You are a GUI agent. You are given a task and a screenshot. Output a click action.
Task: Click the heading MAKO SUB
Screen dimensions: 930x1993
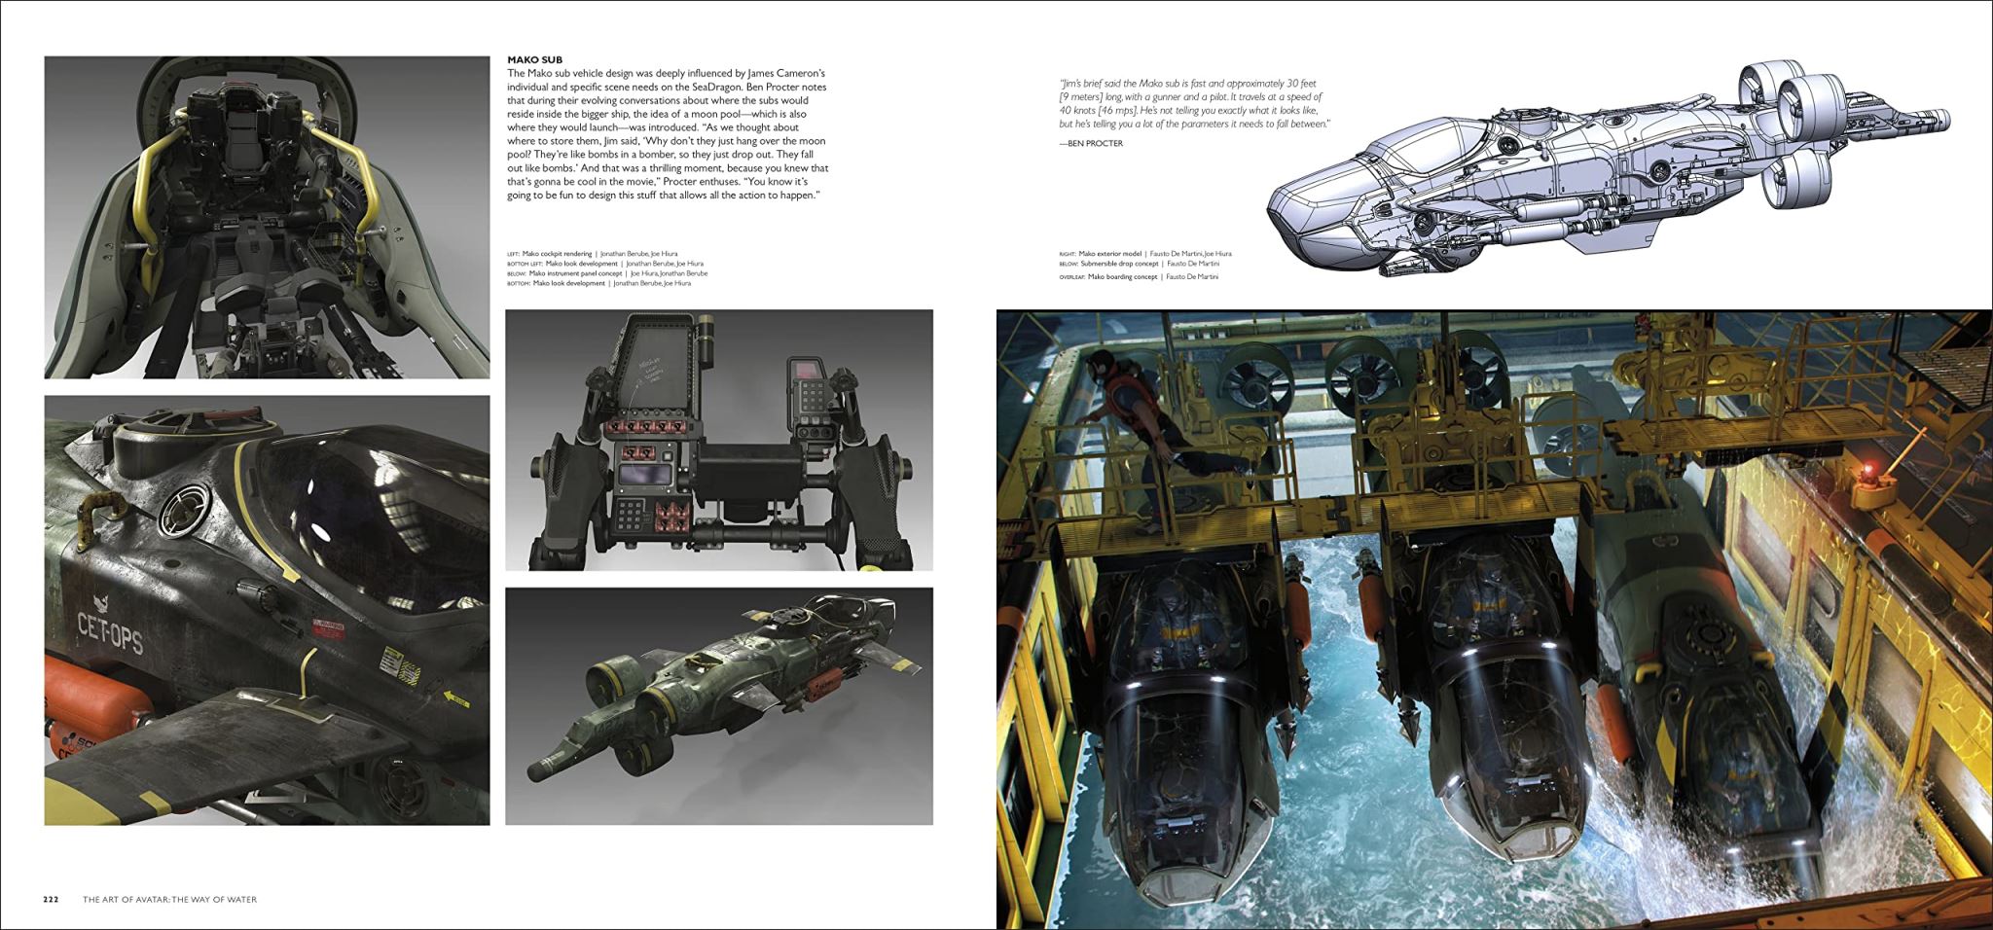534,60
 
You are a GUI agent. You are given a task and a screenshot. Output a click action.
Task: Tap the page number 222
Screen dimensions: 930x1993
51,899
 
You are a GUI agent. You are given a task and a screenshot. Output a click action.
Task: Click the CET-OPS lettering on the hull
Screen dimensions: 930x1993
109,633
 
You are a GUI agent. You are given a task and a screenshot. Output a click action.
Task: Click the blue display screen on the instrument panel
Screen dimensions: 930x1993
644,475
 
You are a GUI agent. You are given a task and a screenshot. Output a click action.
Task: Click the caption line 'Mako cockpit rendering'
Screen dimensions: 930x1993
556,254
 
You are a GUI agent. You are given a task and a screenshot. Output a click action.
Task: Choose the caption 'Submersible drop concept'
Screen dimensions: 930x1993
1118,264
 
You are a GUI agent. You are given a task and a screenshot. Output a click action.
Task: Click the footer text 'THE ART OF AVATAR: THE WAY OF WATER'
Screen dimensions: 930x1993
169,899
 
